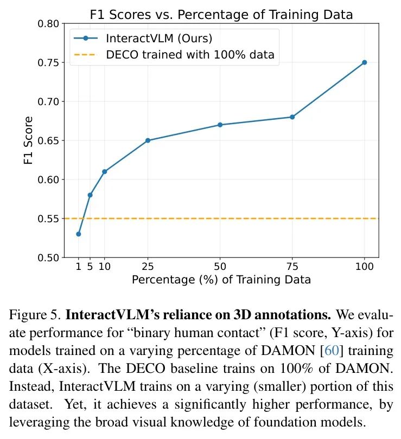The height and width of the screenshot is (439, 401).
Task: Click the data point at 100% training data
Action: [x=364, y=62]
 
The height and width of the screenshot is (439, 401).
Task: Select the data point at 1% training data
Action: [x=79, y=234]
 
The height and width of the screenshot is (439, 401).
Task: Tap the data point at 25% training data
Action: [x=148, y=140]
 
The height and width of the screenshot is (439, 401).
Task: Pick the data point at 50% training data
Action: [x=220, y=125]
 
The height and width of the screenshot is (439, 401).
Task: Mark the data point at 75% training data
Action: [x=292, y=117]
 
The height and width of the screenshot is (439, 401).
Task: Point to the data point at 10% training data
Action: [x=104, y=171]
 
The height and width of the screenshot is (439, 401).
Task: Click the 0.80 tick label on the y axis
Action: [x=49, y=24]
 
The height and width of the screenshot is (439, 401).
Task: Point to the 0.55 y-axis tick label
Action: [x=49, y=218]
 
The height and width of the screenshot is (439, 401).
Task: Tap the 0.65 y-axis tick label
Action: [x=49, y=140]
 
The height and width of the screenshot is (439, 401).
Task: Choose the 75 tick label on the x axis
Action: [x=292, y=266]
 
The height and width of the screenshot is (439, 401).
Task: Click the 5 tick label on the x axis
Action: [x=90, y=266]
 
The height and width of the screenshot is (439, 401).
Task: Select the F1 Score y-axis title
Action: [x=29, y=140]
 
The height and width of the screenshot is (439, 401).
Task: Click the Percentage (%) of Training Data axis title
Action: [x=221, y=280]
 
